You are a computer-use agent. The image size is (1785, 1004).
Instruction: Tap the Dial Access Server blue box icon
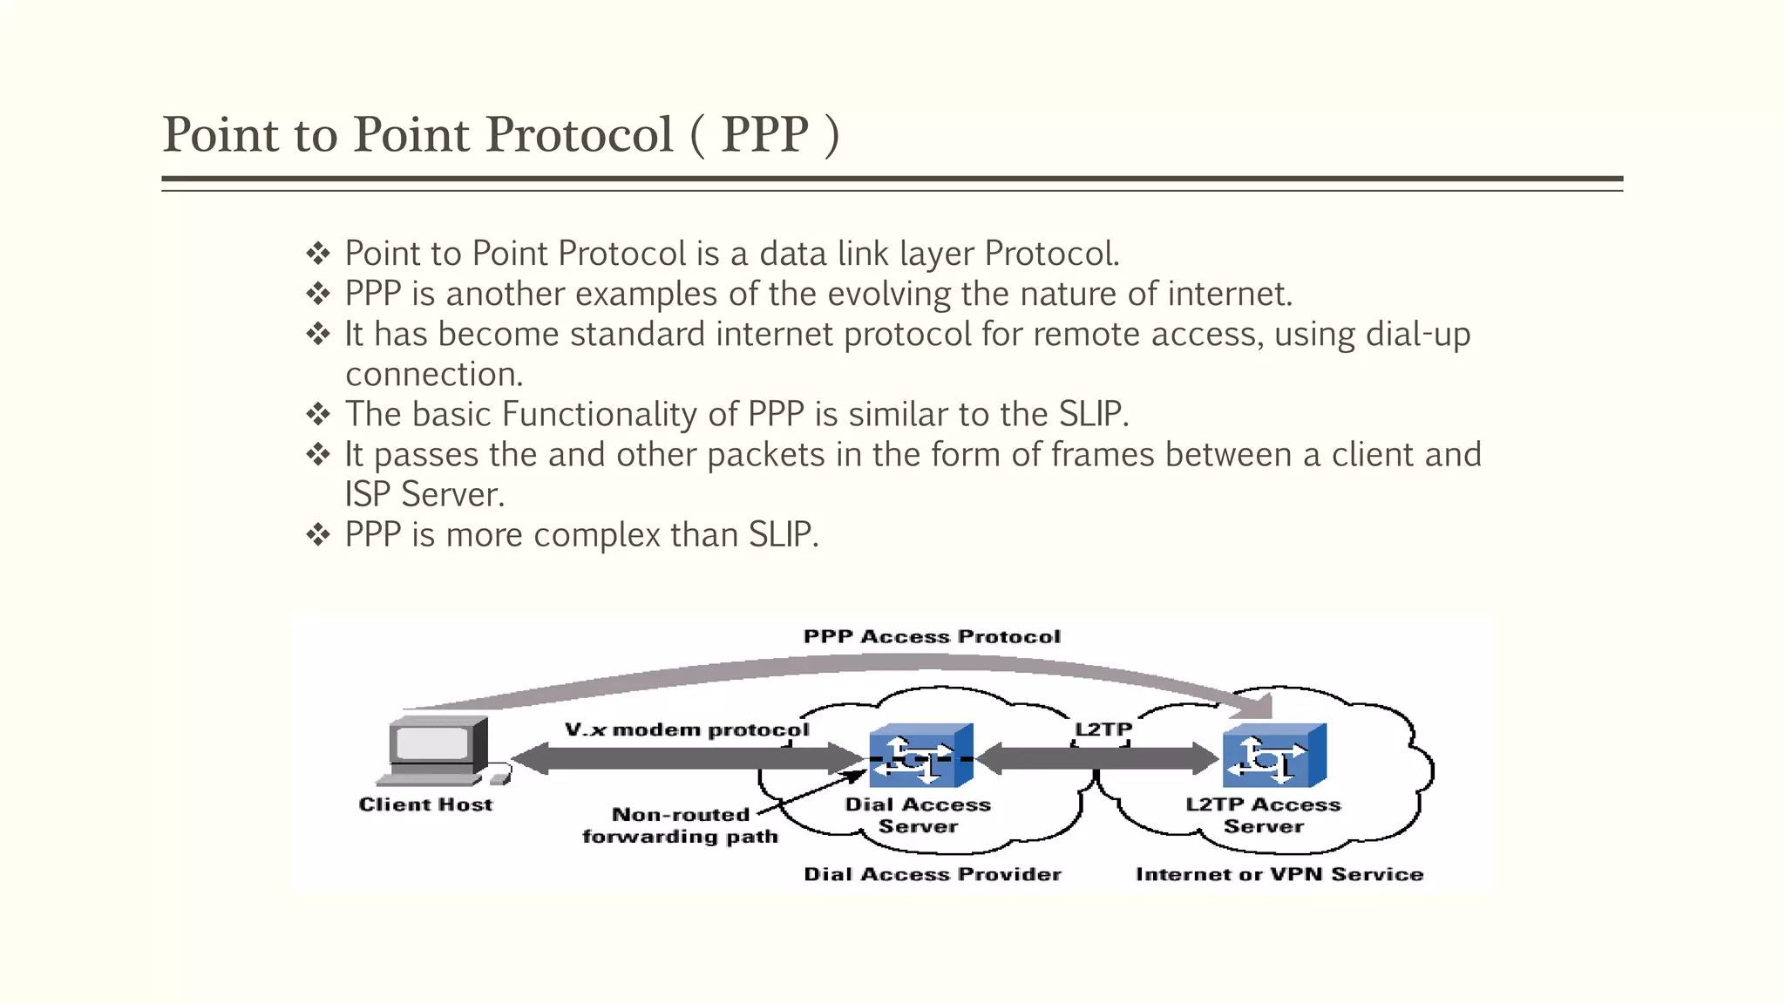pyautogui.click(x=920, y=755)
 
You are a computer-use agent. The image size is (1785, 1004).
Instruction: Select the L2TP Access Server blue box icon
pyautogui.click(x=1274, y=755)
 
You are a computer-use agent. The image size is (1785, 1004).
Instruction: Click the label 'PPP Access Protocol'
pyautogui.click(x=932, y=637)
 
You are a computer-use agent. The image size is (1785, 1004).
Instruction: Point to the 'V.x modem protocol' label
pyautogui.click(x=687, y=729)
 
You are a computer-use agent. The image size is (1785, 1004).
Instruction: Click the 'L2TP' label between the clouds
pyautogui.click(x=1103, y=729)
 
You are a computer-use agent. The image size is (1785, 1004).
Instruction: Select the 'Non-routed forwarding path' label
pyautogui.click(x=681, y=825)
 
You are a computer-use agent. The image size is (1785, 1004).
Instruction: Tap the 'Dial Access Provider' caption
pyautogui.click(x=933, y=874)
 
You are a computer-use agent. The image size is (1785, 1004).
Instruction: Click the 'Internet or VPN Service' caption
pyautogui.click(x=1279, y=874)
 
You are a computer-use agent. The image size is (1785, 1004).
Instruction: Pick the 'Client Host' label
pyautogui.click(x=425, y=804)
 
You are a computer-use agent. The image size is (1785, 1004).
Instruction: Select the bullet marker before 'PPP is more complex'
pyautogui.click(x=318, y=534)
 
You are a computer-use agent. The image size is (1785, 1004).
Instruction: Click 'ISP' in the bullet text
pyautogui.click(x=367, y=494)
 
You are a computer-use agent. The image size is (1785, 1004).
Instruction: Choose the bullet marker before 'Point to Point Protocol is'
pyautogui.click(x=318, y=254)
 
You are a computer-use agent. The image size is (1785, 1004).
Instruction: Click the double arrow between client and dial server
pyautogui.click(x=687, y=758)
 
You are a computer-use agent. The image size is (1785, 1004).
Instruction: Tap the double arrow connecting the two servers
pyautogui.click(x=1098, y=758)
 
